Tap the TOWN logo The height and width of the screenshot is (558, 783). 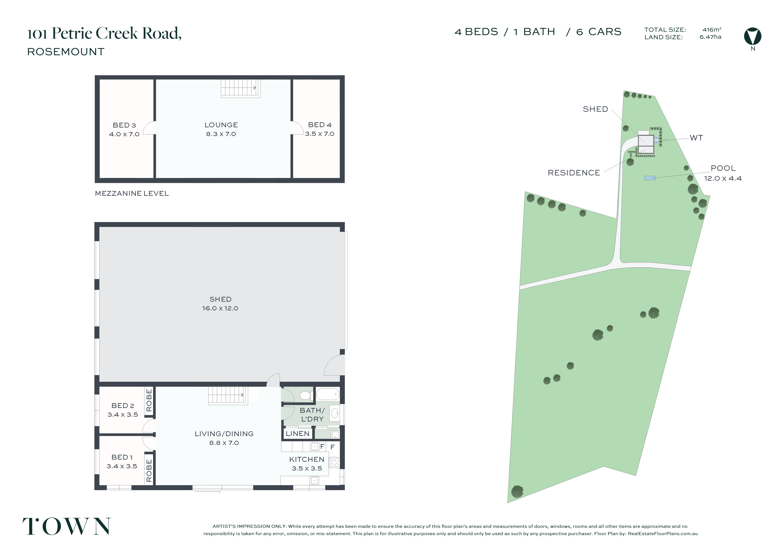pyautogui.click(x=67, y=526)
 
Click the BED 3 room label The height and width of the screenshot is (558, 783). pyautogui.click(x=124, y=125)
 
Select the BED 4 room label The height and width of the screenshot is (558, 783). pyautogui.click(x=319, y=125)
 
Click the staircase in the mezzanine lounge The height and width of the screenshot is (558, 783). pyautogui.click(x=240, y=88)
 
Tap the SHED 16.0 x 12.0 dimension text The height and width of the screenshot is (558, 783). pyautogui.click(x=220, y=308)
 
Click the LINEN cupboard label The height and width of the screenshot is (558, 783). pyautogui.click(x=298, y=434)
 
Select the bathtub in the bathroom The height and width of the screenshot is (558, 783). pyautogui.click(x=328, y=394)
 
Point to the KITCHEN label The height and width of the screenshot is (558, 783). pyautogui.click(x=307, y=459)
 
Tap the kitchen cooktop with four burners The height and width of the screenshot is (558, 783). pyautogui.click(x=334, y=462)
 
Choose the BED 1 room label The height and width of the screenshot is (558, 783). pyautogui.click(x=122, y=457)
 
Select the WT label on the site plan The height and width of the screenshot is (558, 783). pyautogui.click(x=696, y=138)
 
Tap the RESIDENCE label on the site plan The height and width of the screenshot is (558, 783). pyautogui.click(x=574, y=173)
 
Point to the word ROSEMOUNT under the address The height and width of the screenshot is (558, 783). pyautogui.click(x=66, y=52)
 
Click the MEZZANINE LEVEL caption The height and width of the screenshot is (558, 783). pyautogui.click(x=132, y=193)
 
